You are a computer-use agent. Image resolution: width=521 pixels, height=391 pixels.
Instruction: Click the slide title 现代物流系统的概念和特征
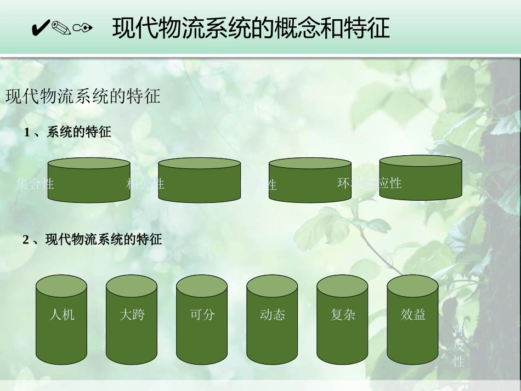click(x=251, y=28)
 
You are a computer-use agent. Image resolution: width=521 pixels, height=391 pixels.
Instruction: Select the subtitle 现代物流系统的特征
click(x=83, y=97)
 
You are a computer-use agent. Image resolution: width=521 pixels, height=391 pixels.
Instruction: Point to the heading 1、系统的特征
click(x=67, y=132)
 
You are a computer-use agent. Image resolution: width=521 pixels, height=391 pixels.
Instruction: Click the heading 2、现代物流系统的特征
click(x=92, y=240)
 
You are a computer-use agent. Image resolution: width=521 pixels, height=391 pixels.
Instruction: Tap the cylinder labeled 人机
click(x=61, y=319)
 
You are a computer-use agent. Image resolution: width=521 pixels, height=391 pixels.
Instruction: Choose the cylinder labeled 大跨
click(x=132, y=319)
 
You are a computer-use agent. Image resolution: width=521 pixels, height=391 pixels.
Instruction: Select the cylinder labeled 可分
click(x=202, y=319)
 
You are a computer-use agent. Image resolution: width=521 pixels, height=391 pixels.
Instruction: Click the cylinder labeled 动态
click(x=272, y=319)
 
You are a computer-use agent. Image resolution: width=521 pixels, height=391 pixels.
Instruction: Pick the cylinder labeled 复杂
click(x=342, y=319)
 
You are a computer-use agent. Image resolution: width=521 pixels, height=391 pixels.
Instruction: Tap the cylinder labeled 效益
click(x=412, y=319)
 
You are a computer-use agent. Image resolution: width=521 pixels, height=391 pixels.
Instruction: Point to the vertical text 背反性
click(x=459, y=345)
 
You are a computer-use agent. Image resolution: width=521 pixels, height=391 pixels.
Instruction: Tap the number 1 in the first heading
click(x=27, y=132)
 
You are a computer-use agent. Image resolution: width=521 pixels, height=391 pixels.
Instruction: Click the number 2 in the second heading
click(x=26, y=240)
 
